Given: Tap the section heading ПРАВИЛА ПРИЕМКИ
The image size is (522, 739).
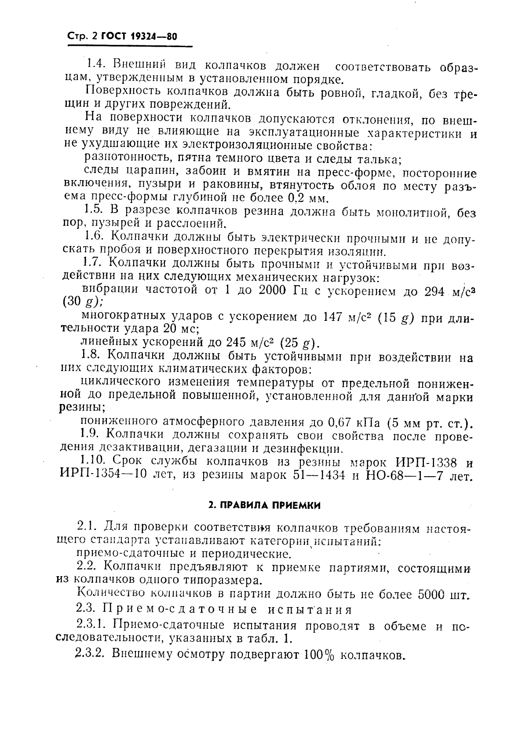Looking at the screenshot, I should pos(264,505).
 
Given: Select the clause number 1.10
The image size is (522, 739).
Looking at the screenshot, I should pos(94,462).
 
